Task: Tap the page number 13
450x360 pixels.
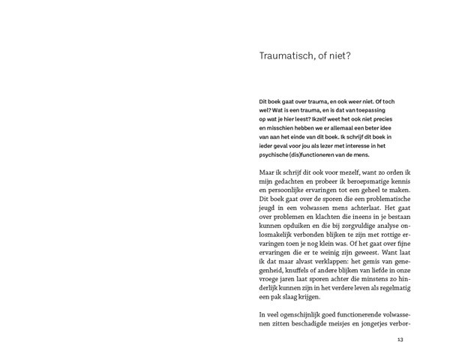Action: pos(400,340)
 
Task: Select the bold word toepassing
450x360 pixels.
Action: pos(388,110)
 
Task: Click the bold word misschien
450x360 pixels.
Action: pos(273,130)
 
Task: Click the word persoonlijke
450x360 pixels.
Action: pos(289,193)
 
